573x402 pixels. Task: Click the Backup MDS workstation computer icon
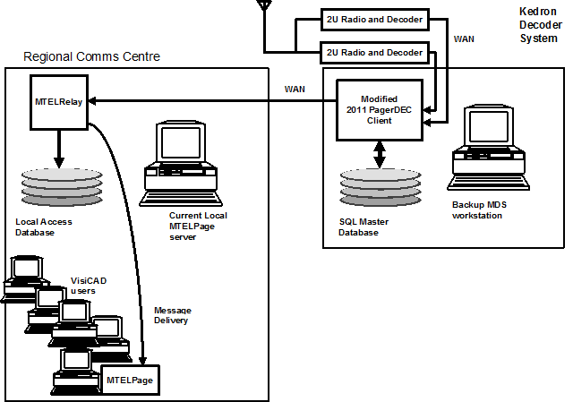coord(487,149)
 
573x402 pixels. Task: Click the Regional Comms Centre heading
coord(91,56)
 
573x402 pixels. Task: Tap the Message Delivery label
coord(172,315)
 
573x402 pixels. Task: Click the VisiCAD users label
coord(89,286)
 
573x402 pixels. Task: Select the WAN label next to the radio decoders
coord(465,39)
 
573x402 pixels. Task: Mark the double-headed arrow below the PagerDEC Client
coord(380,153)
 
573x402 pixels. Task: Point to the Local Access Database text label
coord(44,227)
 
